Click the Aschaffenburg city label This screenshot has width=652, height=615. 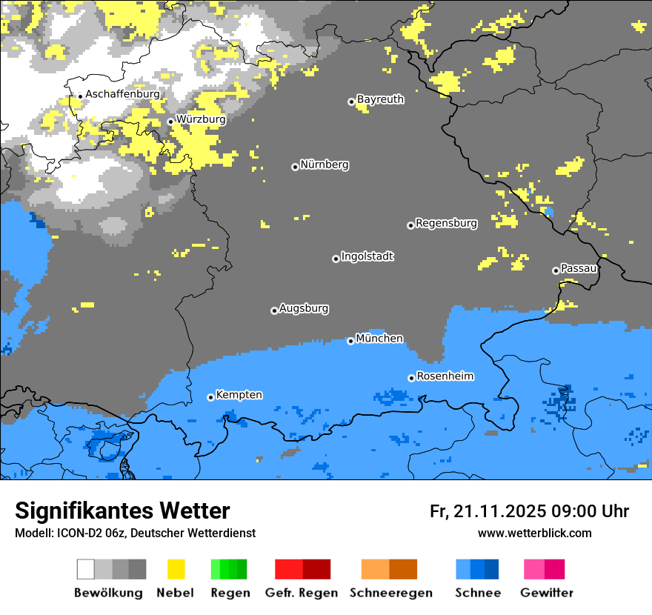[122, 94]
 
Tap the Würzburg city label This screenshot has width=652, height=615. [201, 119]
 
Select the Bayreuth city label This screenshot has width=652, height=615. [380, 99]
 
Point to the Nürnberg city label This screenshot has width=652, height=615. [325, 164]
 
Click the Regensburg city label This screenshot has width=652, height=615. [446, 223]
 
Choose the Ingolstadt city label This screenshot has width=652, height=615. [367, 256]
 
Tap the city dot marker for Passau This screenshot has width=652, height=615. [556, 270]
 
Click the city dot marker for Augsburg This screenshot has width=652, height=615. [274, 310]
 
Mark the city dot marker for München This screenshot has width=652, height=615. [351, 341]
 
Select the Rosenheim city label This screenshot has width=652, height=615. [445, 376]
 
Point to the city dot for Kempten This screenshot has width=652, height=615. [210, 397]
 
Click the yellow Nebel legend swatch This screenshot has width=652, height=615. [176, 569]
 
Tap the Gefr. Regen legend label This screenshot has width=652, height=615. [302, 593]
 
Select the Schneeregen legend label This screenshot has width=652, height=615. [391, 593]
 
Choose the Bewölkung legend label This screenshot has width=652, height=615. [108, 593]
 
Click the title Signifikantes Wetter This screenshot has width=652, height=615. [122, 511]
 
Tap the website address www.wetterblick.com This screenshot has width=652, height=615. [534, 533]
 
